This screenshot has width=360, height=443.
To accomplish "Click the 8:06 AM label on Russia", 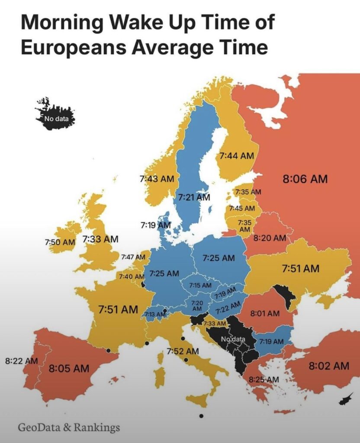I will [305, 178].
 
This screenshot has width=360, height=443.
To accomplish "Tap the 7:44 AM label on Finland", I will [236, 155].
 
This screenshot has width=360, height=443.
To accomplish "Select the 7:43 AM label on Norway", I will [157, 178].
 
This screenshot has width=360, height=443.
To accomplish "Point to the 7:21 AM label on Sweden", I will [194, 197].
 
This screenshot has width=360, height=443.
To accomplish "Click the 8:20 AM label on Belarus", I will [270, 238].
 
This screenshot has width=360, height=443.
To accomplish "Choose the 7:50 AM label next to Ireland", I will [60, 242].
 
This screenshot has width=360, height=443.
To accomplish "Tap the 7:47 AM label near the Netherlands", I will [132, 257].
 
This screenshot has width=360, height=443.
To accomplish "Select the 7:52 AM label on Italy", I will [183, 351].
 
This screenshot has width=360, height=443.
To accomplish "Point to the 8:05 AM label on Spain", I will [69, 369].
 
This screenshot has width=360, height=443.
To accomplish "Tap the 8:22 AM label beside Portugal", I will [21, 360].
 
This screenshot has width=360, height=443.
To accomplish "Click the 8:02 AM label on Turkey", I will [329, 366].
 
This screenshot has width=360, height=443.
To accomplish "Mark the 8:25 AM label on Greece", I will [264, 379].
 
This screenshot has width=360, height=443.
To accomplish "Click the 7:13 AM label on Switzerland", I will [155, 314].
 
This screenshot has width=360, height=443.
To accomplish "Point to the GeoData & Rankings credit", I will [68, 428].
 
